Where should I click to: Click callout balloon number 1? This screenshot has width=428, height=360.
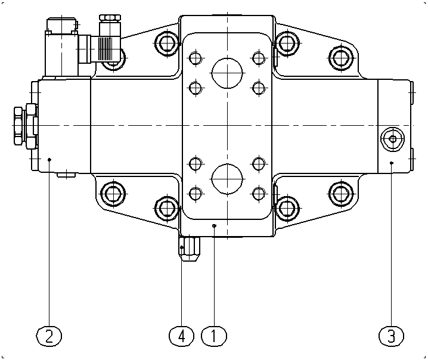pyautogui.click(x=214, y=336)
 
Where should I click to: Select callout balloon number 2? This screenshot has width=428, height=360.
pyautogui.click(x=49, y=336)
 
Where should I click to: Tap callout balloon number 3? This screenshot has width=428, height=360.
pyautogui.click(x=392, y=336)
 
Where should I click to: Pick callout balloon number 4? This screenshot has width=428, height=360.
pyautogui.click(x=182, y=336)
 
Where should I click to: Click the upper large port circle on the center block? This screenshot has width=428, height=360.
pyautogui.click(x=227, y=73)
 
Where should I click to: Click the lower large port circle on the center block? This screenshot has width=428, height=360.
pyautogui.click(x=227, y=179)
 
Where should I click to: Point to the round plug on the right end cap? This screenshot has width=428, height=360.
pyautogui.click(x=392, y=139)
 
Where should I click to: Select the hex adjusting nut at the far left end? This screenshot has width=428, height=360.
pyautogui.click(x=18, y=126)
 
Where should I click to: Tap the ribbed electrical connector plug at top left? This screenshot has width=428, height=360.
pyautogui.click(x=106, y=49)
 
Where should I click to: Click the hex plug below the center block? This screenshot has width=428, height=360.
pyautogui.click(x=190, y=249)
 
